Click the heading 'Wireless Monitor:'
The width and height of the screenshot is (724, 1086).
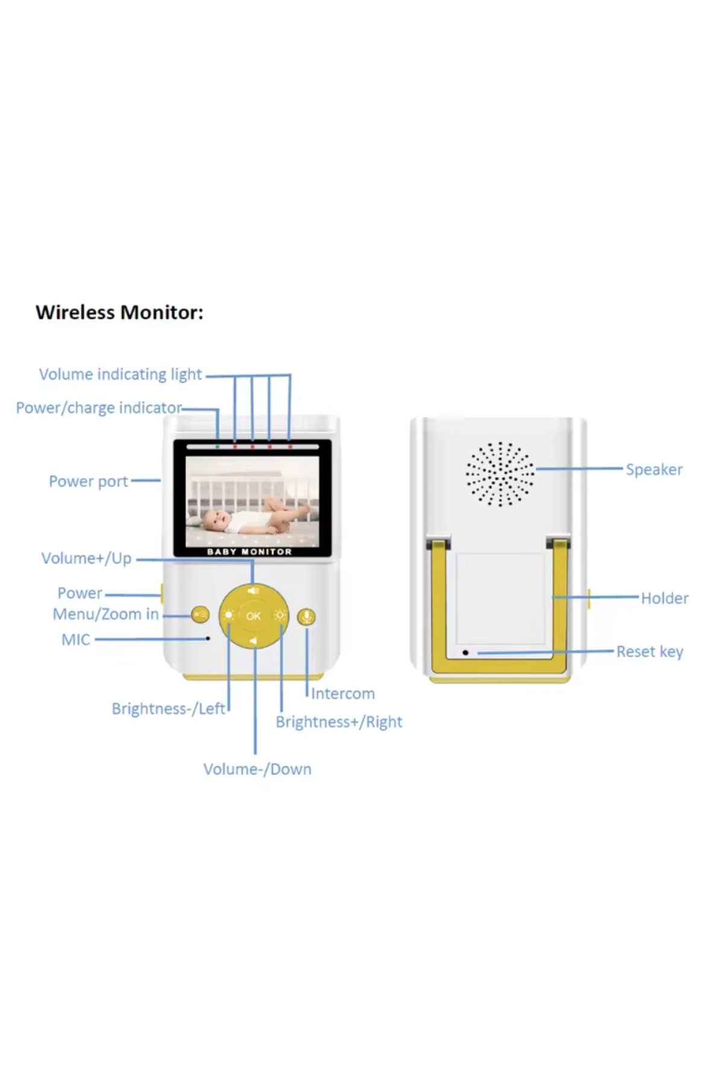point(119,313)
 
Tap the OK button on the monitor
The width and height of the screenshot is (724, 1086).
point(253,616)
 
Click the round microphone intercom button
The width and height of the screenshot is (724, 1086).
point(306,617)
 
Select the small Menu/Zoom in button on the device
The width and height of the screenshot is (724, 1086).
point(200,615)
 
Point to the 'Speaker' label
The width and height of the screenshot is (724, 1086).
point(654,469)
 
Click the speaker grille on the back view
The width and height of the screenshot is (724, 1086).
point(500,474)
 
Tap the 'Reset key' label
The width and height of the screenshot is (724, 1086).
point(650,652)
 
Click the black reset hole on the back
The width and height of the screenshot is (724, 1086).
point(465,653)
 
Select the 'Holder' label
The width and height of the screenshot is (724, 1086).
point(664,598)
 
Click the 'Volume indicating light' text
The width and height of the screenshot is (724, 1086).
point(120,374)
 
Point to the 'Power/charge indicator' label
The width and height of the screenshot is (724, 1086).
point(98,408)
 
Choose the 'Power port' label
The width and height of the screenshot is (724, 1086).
point(88,481)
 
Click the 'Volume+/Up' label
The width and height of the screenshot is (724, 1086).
point(86,558)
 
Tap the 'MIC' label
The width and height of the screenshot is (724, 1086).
point(75,640)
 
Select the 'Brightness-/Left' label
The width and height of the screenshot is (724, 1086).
point(168,708)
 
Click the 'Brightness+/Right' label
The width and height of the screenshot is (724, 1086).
point(338,722)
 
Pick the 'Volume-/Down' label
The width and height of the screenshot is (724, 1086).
point(257,769)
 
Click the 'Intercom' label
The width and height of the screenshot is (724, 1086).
point(343,694)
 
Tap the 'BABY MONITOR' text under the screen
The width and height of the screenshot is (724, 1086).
point(249,551)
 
